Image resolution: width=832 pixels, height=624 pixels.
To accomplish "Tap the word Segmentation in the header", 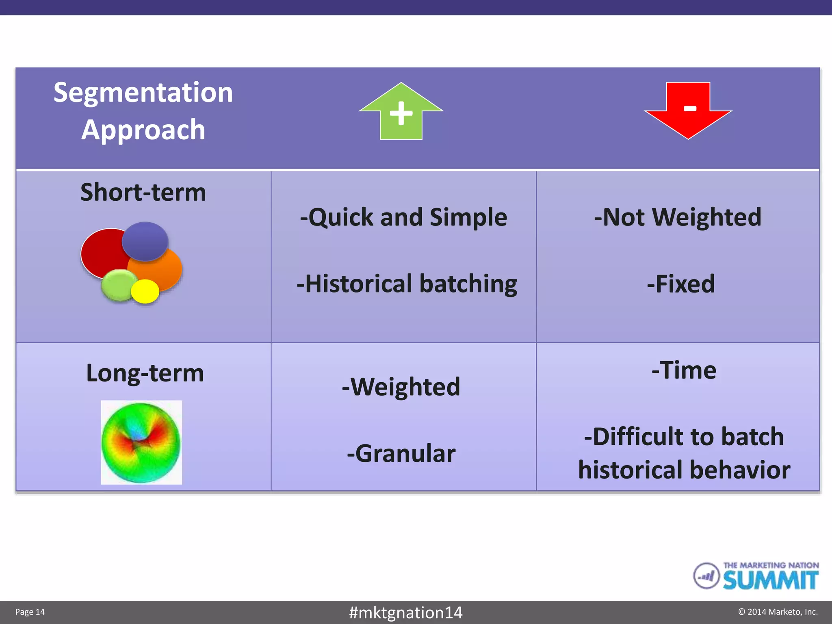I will (x=143, y=93).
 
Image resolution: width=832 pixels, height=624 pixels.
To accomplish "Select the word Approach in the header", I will (x=143, y=130).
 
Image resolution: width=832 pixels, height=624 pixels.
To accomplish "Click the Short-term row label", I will (x=143, y=192).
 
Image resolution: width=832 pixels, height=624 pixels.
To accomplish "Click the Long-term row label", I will (x=145, y=373).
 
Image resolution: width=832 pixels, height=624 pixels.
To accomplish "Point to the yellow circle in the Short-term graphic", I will (x=145, y=291).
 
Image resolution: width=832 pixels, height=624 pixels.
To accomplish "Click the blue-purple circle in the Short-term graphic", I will (x=145, y=241).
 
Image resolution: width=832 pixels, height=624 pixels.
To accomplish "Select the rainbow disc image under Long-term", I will (x=141, y=442).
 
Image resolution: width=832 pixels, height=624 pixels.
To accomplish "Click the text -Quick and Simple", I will (x=403, y=217).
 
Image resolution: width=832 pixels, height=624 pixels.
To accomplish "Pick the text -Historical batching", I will (x=407, y=284).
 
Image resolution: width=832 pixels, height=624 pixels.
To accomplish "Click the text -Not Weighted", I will (x=678, y=217).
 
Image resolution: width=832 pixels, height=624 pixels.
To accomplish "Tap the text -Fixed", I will (x=681, y=284).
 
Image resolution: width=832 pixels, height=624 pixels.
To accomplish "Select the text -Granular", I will (x=401, y=453).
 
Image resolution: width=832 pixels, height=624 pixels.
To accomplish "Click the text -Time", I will (x=684, y=370).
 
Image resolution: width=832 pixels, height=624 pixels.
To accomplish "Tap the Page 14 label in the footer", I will (x=30, y=612).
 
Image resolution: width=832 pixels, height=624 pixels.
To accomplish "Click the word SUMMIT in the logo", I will (x=770, y=581).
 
